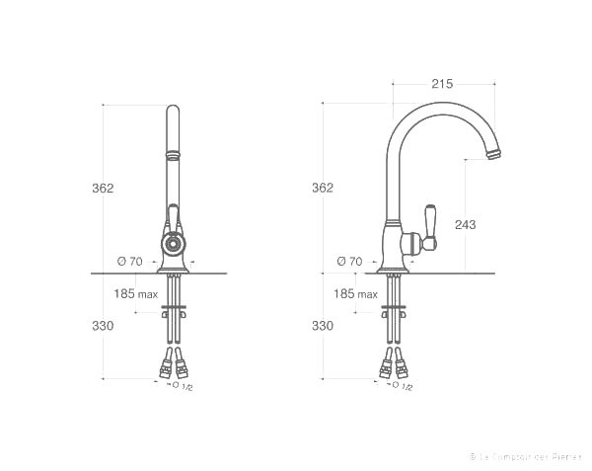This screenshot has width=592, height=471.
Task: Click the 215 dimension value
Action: [441, 84]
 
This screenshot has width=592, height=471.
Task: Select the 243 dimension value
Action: [465, 224]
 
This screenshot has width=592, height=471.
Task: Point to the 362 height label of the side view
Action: [323, 188]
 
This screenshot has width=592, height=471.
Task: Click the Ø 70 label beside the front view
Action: [129, 261]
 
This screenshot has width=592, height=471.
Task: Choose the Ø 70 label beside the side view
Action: [349, 261]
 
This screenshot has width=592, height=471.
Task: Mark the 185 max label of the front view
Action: [135, 294]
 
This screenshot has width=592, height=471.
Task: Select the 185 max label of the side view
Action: [355, 294]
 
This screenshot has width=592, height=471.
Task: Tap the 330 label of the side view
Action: [323, 325]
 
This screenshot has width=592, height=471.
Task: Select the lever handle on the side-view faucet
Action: [430, 221]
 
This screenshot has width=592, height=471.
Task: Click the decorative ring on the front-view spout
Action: [173, 154]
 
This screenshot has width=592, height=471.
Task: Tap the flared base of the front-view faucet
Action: [173, 266]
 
